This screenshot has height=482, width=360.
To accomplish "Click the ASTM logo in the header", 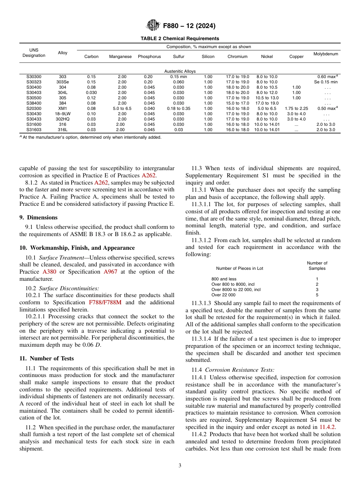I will click(153, 26).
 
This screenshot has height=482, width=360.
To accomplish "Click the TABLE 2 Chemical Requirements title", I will click(180, 39).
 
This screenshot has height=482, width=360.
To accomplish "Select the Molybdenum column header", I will click(326, 54).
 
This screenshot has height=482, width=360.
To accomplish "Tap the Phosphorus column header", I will click(149, 57).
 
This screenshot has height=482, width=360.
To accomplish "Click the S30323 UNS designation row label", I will click(34, 82).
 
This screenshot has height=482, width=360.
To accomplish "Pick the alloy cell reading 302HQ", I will click(63, 119).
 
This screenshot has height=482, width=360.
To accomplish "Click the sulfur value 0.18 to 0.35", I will click(178, 108).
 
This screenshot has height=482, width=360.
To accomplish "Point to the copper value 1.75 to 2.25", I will click(296, 108).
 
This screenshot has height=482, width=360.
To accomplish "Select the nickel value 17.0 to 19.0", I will click(267, 103).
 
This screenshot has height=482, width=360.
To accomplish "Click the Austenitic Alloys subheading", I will click(180, 71).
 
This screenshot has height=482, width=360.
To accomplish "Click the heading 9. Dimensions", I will click(38, 218).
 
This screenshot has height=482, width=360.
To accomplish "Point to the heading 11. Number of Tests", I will click(47, 358).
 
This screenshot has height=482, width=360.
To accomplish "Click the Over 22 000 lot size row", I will click(223, 295).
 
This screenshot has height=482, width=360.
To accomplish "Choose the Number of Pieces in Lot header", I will click(239, 268).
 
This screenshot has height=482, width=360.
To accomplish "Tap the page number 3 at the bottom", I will click(180, 466).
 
